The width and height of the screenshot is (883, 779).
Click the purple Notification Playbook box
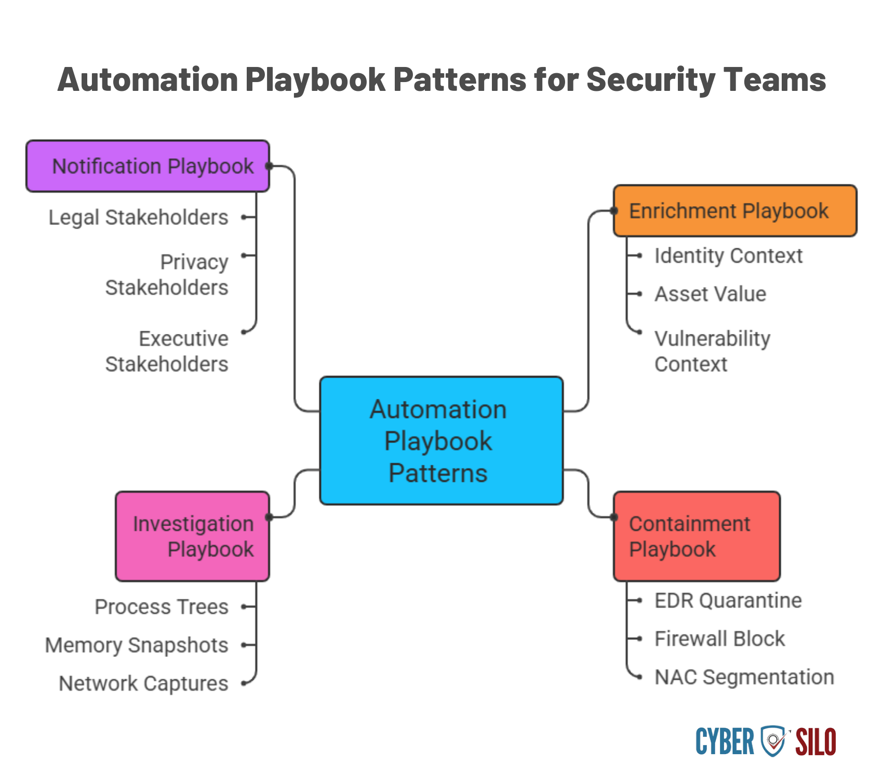(148, 166)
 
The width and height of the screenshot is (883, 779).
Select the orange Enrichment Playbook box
(734, 211)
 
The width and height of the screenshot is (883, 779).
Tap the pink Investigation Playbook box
(192, 536)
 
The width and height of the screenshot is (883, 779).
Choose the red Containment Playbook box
(696, 536)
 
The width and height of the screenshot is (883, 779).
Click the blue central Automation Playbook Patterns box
(441, 441)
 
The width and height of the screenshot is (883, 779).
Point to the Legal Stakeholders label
(138, 218)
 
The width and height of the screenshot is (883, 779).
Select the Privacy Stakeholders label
(167, 275)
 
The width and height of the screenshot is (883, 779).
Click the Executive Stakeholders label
(167, 352)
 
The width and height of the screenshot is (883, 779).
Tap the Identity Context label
(728, 256)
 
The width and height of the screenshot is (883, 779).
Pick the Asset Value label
(710, 294)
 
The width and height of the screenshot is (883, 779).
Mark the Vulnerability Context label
(712, 352)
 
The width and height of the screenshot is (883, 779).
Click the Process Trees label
(162, 607)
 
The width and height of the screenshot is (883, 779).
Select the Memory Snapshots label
(137, 645)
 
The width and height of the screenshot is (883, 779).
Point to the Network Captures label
(143, 683)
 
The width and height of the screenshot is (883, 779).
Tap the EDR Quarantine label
(728, 601)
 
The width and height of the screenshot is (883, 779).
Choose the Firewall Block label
(719, 639)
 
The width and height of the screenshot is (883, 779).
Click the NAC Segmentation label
(744, 678)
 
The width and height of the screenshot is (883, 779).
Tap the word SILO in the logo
(815, 742)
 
